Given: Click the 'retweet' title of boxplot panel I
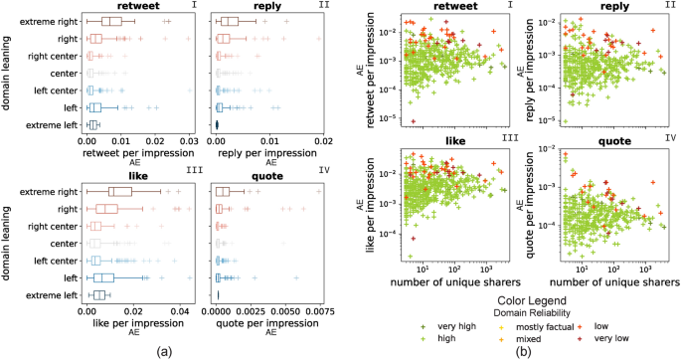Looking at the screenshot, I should click(119, 6).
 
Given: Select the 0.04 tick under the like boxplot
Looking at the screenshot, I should click(178, 312).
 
